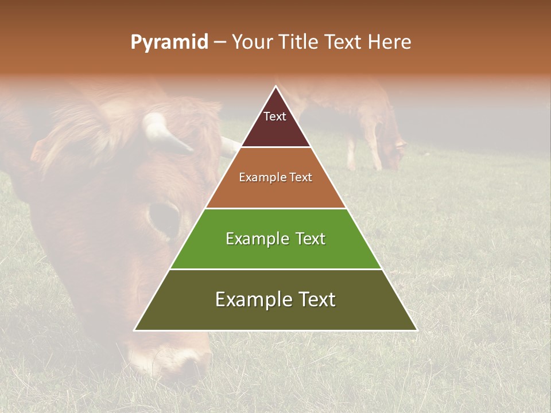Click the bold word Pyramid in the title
pos(169,42)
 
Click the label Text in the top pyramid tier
pos(275,116)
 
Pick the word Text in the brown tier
pos(301,177)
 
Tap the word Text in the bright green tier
pos(311,239)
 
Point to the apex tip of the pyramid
pos(275,87)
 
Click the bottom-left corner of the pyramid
pos(135,330)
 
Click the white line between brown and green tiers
pos(275,208)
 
